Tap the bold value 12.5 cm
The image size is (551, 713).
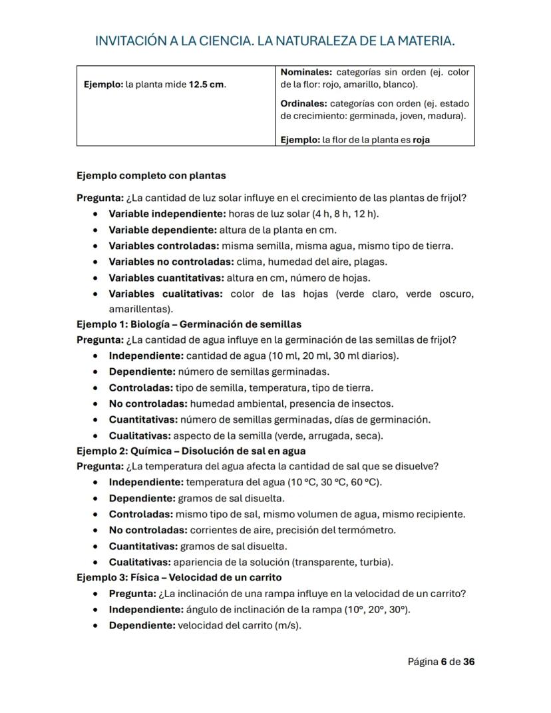tap(207, 85)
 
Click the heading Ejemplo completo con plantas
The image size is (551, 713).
tap(151, 176)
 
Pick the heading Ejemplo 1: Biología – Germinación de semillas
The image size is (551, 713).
tap(189, 324)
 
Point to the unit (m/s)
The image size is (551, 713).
tap(287, 626)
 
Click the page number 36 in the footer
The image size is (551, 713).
tap(468, 662)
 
